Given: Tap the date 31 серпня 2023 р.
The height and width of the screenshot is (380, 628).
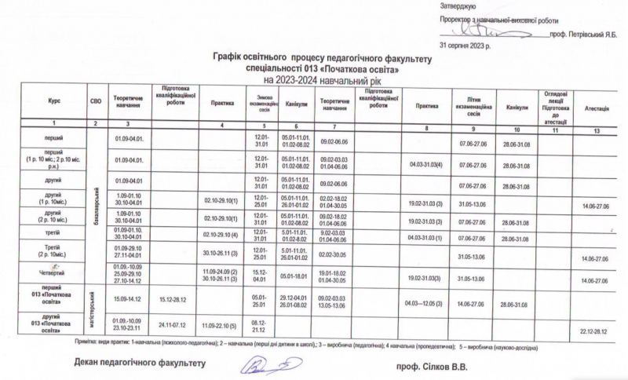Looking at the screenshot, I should (466, 46).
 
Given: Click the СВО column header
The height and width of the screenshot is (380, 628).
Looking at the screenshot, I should (96, 101).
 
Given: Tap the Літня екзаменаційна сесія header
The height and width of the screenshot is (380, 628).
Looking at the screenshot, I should (473, 104).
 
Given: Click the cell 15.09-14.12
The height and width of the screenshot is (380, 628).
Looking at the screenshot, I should (127, 298).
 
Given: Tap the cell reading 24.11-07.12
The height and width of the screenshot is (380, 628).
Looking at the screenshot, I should (171, 323).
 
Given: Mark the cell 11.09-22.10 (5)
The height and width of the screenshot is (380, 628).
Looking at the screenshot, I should (221, 323).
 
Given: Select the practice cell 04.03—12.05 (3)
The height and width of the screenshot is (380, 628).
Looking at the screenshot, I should (425, 302).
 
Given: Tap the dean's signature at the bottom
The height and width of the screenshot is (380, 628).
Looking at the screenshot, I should (271, 364).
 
